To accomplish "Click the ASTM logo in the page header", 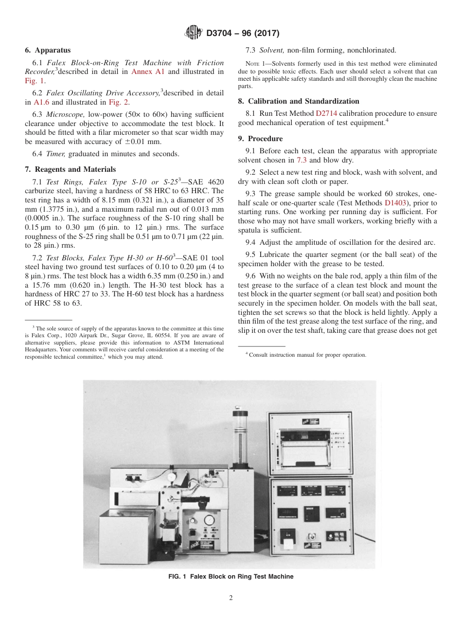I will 194,33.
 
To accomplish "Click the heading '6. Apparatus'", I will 48,50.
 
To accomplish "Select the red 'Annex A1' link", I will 147,72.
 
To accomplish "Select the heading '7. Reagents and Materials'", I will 70,169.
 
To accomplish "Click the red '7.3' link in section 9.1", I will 301,160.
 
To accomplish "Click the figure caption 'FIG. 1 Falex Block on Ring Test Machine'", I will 231,577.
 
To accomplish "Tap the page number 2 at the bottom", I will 231,598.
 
